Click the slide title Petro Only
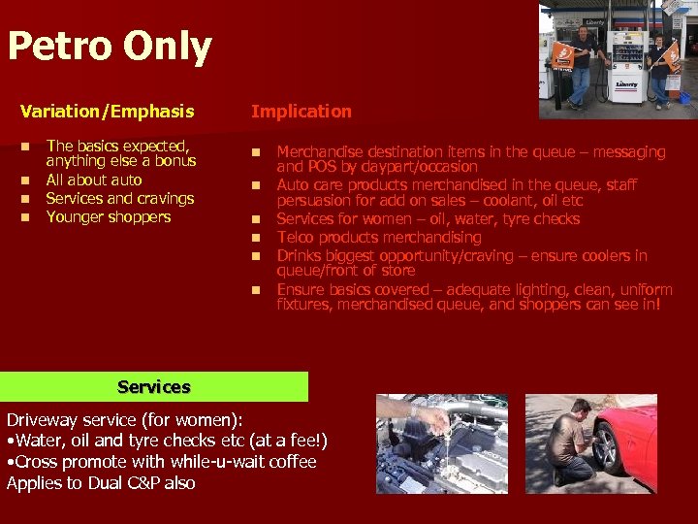[109, 47]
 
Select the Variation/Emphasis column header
[107, 112]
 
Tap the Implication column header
[301, 112]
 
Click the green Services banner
[154, 387]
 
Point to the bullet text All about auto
[93, 180]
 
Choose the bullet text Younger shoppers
[108, 216]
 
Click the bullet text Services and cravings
[119, 198]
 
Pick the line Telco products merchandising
[378, 237]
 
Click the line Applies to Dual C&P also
[101, 482]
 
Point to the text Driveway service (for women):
[124, 420]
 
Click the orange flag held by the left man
[561, 55]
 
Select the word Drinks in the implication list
[300, 256]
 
